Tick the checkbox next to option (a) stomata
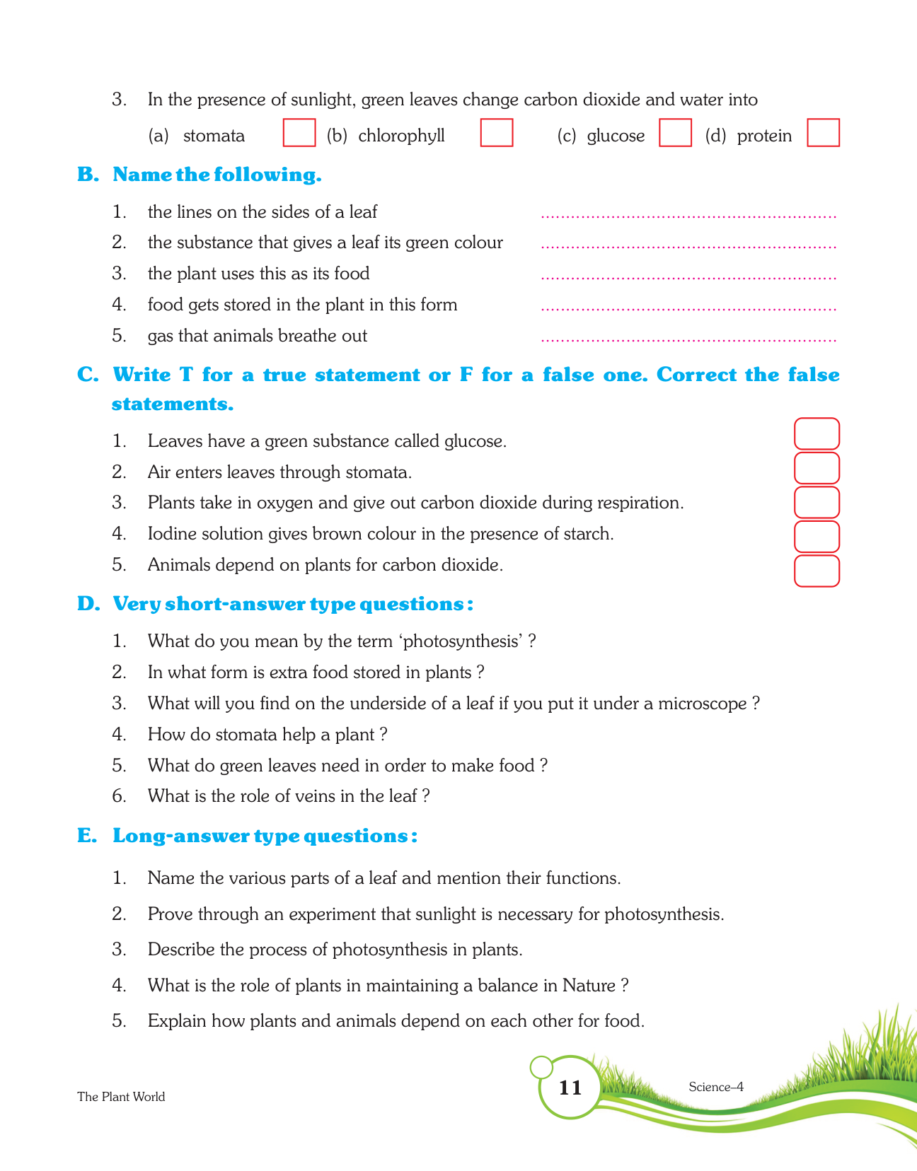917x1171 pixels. pyautogui.click(x=299, y=133)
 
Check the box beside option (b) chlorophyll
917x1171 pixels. pyautogui.click(x=497, y=133)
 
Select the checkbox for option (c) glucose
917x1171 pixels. pyautogui.click(x=675, y=133)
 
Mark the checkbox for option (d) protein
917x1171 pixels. pyautogui.click(x=823, y=133)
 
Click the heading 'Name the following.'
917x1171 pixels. pyautogui.click(x=217, y=175)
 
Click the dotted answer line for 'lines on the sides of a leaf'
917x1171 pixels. pyautogui.click(x=688, y=215)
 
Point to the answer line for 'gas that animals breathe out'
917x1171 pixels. pyautogui.click(x=688, y=339)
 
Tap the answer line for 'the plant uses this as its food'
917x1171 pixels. pyautogui.click(x=688, y=276)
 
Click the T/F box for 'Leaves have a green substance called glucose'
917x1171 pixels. pyautogui.click(x=817, y=434)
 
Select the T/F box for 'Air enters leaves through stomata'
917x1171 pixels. pyautogui.click(x=817, y=468)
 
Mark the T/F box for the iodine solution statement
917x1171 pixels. pyautogui.click(x=817, y=537)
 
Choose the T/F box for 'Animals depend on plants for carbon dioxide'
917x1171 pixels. pyautogui.click(x=817, y=571)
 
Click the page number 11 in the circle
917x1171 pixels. pyautogui.click(x=570, y=1088)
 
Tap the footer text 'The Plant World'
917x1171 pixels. pyautogui.click(x=121, y=1097)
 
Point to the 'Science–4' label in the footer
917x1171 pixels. pyautogui.click(x=715, y=1087)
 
